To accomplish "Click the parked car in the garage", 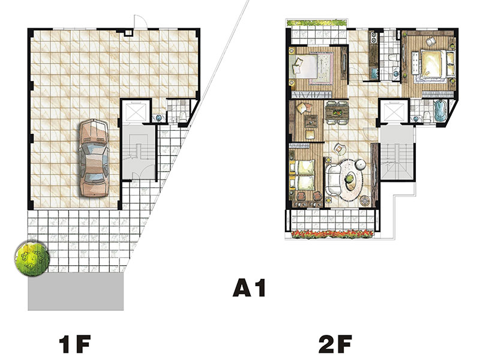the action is [x=94, y=158].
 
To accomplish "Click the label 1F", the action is [x=75, y=344].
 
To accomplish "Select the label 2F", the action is [x=335, y=344].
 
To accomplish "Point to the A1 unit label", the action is [x=249, y=288].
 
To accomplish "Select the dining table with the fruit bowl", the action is [x=337, y=112].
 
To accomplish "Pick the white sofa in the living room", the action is [x=332, y=179].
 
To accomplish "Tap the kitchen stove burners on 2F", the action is [x=373, y=38].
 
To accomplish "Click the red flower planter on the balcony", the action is [x=332, y=234].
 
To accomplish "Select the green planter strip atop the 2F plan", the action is [x=317, y=23].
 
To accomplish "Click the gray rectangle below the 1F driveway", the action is [x=76, y=292].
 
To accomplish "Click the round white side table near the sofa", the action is [x=361, y=164].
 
